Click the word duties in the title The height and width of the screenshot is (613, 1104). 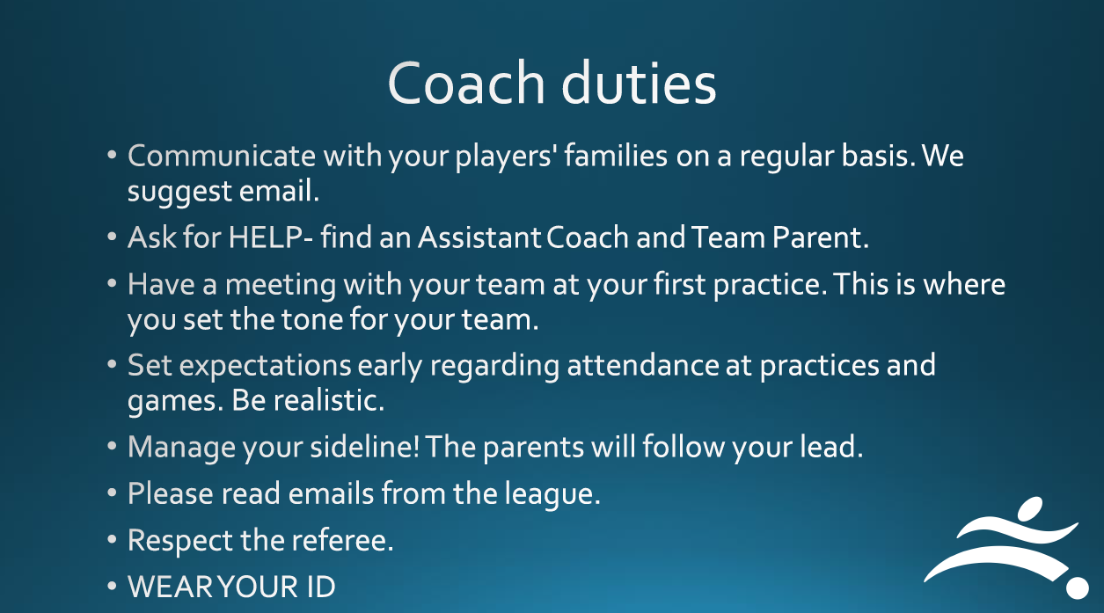639,82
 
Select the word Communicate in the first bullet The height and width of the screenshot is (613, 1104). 222,156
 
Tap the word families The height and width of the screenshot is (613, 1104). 616,156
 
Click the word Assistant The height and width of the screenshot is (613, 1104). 479,237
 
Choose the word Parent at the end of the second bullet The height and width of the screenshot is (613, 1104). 821,237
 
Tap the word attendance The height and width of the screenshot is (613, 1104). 643,365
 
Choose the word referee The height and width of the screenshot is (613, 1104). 342,540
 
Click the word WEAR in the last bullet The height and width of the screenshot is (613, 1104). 171,587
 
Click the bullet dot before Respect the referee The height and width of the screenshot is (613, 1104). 112,540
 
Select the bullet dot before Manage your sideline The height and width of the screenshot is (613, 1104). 112,446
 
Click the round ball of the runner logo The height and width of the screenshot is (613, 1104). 1078,587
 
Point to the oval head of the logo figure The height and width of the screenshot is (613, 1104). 1030,508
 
